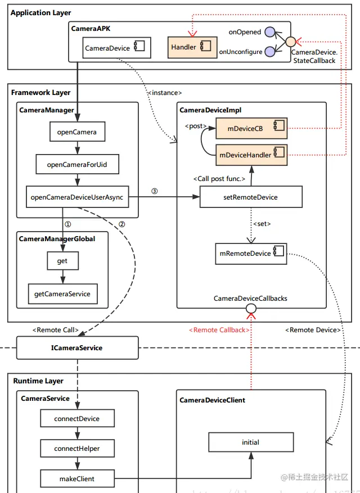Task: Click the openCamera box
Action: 77,133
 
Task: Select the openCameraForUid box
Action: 77,165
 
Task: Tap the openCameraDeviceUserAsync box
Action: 77,197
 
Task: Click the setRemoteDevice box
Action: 251,197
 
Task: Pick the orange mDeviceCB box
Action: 251,128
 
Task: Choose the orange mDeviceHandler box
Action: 251,153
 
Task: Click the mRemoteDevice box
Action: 251,253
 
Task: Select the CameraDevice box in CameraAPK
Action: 116,48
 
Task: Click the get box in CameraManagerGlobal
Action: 62,261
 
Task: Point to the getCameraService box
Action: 62,293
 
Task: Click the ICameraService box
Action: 77,347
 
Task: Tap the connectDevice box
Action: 77,419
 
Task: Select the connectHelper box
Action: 77,448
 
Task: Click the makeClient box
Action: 77,478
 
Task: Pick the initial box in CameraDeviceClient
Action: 250,442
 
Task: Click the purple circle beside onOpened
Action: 270,32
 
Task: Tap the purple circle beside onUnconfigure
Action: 270,51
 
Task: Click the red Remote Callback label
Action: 217,330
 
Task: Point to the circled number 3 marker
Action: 155,191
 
